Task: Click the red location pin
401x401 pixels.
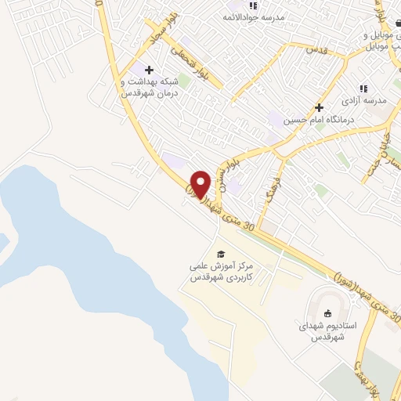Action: coord(201,184)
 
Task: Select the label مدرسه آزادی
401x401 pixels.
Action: coord(363,101)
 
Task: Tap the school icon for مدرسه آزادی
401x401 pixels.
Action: coord(363,89)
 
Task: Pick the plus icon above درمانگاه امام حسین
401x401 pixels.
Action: coord(319,107)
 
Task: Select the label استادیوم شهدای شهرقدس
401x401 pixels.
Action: coord(328,331)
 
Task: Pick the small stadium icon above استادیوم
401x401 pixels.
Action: coord(327,313)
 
